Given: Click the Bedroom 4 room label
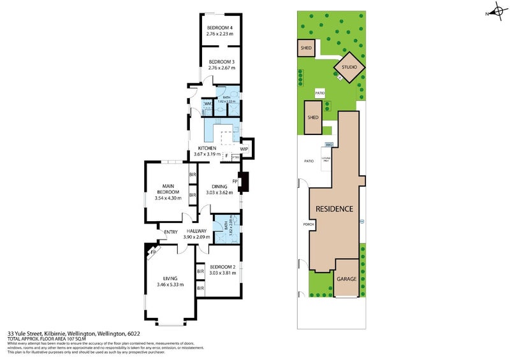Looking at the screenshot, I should coord(221,27).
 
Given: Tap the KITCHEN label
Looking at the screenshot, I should coord(207,148).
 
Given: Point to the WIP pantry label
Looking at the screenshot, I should coord(244,149).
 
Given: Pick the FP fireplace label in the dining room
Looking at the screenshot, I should coord(235,181).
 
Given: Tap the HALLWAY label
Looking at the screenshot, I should coord(196,231).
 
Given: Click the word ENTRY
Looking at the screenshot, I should coord(171,231).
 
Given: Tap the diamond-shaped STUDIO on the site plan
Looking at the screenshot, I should coord(349,67).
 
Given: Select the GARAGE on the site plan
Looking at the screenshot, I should coord(347,278).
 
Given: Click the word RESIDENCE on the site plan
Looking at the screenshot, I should coord(334,208).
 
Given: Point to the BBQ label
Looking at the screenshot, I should coord(329,145).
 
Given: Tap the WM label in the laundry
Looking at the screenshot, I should coord(207,103).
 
